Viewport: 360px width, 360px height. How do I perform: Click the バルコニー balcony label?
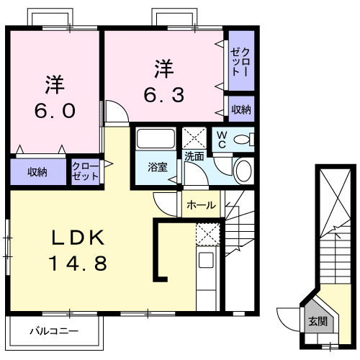(x=53, y=332)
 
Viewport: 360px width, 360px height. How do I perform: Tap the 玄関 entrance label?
(x=317, y=321)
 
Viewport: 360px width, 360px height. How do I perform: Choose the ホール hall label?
(x=201, y=205)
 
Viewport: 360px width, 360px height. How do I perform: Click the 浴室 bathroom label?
(x=157, y=167)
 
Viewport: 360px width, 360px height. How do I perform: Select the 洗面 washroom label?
(x=194, y=155)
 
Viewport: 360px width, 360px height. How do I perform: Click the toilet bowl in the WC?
(x=245, y=140)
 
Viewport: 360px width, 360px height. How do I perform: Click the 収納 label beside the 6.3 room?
(x=240, y=109)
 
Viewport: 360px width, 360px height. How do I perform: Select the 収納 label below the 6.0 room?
(x=38, y=172)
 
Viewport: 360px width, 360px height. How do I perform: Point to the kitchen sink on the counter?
(x=207, y=261)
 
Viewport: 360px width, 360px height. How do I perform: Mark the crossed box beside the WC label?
(x=194, y=137)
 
